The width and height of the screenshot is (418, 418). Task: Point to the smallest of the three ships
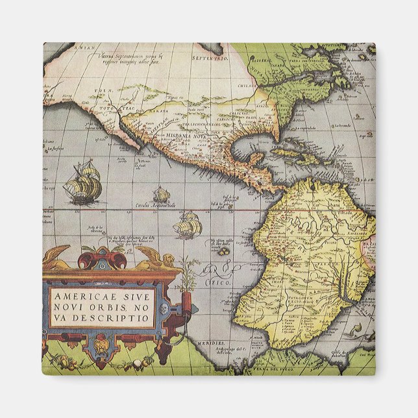161,194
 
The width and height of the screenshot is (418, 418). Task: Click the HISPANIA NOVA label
188,137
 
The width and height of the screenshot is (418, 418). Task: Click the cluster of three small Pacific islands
223,248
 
